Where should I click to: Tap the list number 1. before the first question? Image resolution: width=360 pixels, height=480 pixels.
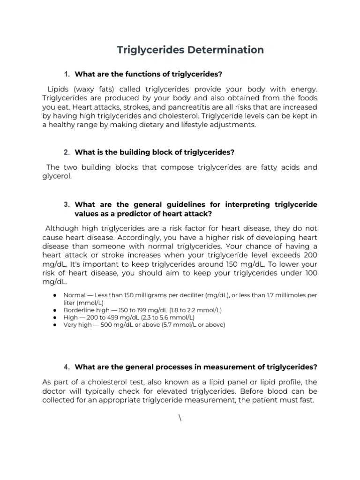pos(67,74)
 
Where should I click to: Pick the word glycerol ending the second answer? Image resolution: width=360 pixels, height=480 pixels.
pos(57,176)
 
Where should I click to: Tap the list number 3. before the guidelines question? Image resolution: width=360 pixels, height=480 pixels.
pos(67,205)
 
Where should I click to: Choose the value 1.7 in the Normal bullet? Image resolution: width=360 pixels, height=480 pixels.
pos(269,295)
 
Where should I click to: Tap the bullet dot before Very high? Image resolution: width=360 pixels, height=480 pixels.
pos(55,325)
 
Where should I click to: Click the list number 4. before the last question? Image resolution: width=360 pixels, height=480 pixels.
pos(67,367)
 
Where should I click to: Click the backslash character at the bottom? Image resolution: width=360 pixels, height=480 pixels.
pos(180,418)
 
